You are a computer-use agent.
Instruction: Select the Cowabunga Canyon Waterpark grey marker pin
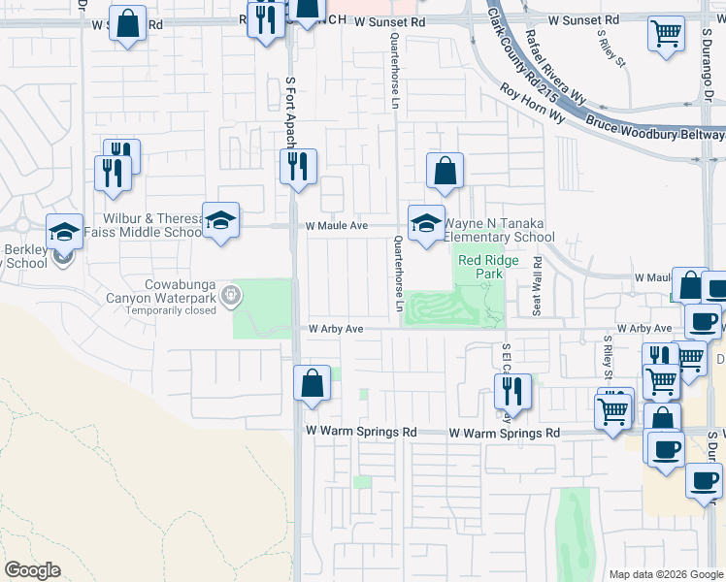(x=231, y=295)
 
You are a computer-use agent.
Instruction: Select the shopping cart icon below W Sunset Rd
(x=666, y=33)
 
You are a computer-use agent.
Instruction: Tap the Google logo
(x=32, y=570)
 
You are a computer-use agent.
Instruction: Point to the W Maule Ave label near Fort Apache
(x=337, y=225)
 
